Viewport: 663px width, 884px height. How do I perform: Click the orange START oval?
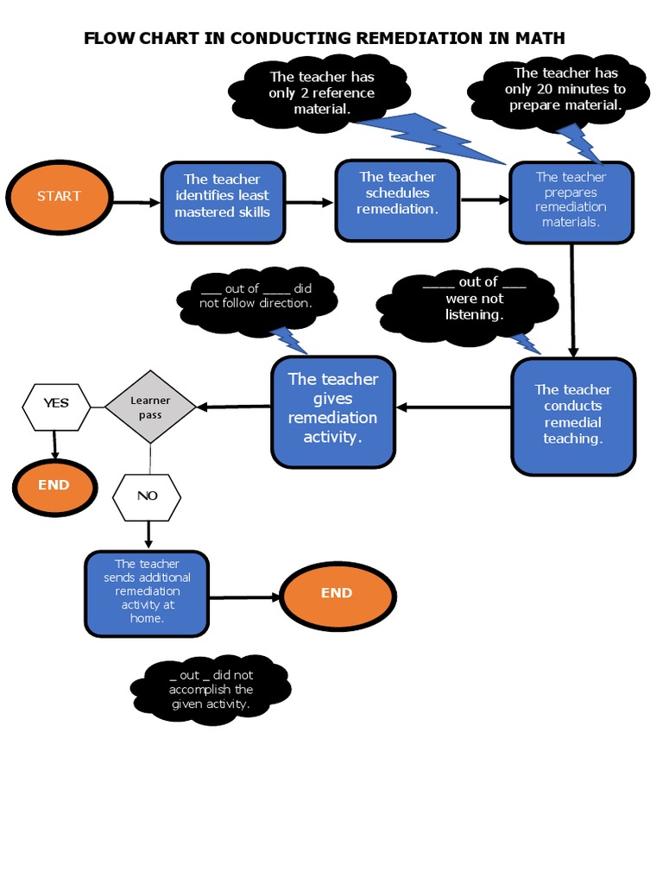pyautogui.click(x=59, y=197)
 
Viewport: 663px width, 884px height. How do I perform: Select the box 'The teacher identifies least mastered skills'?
pyautogui.click(x=223, y=202)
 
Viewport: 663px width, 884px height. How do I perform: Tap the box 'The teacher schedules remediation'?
pyautogui.click(x=397, y=199)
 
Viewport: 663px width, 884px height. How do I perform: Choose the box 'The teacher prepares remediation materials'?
pyautogui.click(x=571, y=201)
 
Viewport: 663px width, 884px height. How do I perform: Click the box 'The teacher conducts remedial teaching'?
pyautogui.click(x=572, y=415)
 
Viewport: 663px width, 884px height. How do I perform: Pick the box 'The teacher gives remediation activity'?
pyautogui.click(x=333, y=410)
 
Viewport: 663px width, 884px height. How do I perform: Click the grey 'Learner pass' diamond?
pyautogui.click(x=150, y=407)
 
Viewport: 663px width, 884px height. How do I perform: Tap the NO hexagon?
pyautogui.click(x=148, y=496)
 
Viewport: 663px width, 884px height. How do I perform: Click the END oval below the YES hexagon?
pyautogui.click(x=54, y=486)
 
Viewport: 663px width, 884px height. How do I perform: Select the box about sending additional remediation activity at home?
pyautogui.click(x=147, y=593)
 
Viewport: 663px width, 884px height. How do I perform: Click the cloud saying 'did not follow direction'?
pyautogui.click(x=256, y=297)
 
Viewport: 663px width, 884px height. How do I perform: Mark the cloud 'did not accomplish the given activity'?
pyautogui.click(x=211, y=689)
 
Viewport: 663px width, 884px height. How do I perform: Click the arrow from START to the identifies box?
pyautogui.click(x=136, y=203)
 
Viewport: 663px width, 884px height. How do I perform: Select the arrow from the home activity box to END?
pyautogui.click(x=245, y=597)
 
